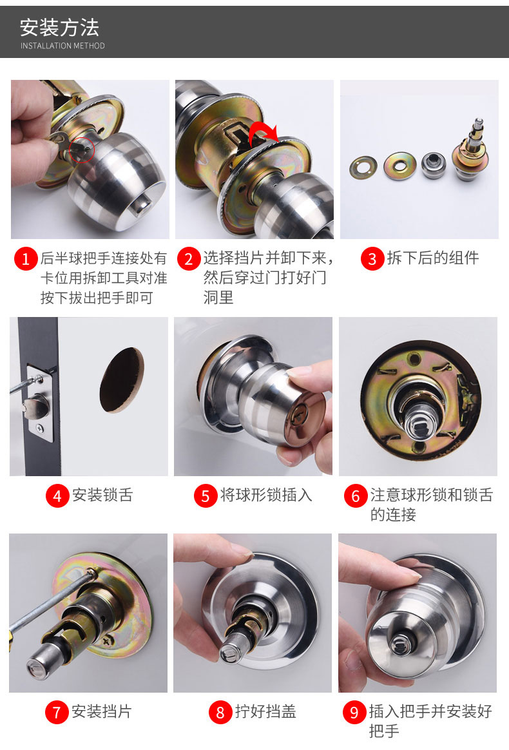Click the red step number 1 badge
[26, 259]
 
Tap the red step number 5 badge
[206, 495]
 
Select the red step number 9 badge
[354, 712]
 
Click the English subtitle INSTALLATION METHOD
[62, 46]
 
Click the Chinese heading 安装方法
[59, 28]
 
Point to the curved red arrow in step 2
[263, 132]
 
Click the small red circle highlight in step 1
[82, 149]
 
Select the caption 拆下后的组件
[433, 258]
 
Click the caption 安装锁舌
[102, 495]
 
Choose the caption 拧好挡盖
[265, 711]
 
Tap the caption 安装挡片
[101, 711]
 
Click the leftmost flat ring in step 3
[363, 168]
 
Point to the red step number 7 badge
[57, 712]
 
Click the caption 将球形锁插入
[266, 495]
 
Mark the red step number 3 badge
[372, 259]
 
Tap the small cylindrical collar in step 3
[434, 165]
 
